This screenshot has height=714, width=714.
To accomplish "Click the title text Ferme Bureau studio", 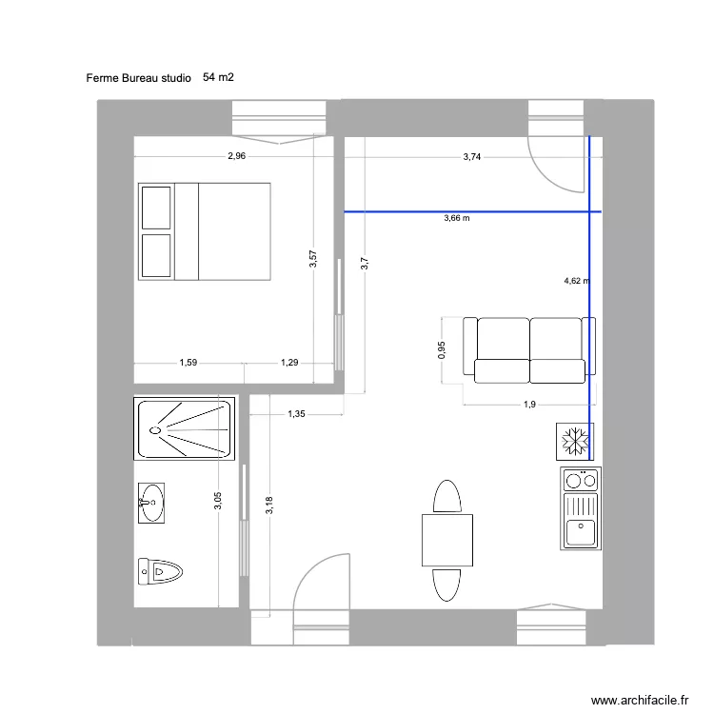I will tap(138, 77).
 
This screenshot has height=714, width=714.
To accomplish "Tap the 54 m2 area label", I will tap(218, 77).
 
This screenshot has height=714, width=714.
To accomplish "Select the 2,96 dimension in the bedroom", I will tap(237, 157).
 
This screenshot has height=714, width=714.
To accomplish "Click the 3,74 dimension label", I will tap(471, 157).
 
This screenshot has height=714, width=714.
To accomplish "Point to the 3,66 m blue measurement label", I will tap(457, 218).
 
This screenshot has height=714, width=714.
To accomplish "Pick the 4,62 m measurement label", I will tap(576, 281).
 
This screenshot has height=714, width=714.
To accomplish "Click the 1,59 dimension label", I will tap(188, 362).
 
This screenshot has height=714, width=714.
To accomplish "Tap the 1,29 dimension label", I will tap(289, 362).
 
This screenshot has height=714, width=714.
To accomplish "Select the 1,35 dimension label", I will tap(296, 414).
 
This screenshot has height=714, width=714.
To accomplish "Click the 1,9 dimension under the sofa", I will tap(529, 405).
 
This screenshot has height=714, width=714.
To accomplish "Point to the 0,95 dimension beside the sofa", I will tap(442, 351).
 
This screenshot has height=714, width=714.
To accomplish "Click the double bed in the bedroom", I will tap(205, 231).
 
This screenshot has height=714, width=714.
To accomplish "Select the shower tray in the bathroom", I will tap(186, 429).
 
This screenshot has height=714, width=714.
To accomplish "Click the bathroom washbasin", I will tap(151, 503).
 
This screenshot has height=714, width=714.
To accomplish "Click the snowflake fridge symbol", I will tap(574, 442).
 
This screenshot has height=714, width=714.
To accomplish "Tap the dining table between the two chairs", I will tap(447, 540).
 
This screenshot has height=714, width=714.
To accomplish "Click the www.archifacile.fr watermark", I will tap(640, 700).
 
